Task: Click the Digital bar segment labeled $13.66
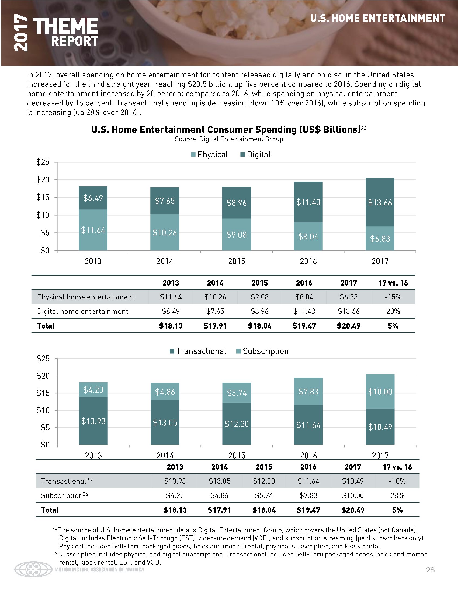pyautogui.click(x=380, y=202)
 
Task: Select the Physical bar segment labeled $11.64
pyautogui.click(x=93, y=230)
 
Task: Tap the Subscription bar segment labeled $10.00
pyautogui.click(x=380, y=392)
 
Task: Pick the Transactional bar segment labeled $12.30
pyautogui.click(x=237, y=423)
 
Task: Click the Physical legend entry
pyautogui.click(x=209, y=154)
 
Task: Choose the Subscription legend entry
pyautogui.click(x=262, y=351)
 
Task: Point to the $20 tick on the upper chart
pyautogui.click(x=43, y=180)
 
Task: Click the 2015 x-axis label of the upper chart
pyautogui.click(x=237, y=261)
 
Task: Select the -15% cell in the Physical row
pyautogui.click(x=393, y=297)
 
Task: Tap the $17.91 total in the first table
pyautogui.click(x=215, y=326)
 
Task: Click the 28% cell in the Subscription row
pyautogui.click(x=397, y=495)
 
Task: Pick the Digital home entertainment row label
pyautogui.click(x=82, y=311)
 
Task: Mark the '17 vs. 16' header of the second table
pyautogui.click(x=397, y=467)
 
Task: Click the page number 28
pyautogui.click(x=430, y=570)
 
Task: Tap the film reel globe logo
pyautogui.click(x=33, y=569)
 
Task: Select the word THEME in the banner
pyautogui.click(x=65, y=26)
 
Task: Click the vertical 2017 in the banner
pyautogui.click(x=21, y=33)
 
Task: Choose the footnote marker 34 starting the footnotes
pyautogui.click(x=54, y=528)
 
